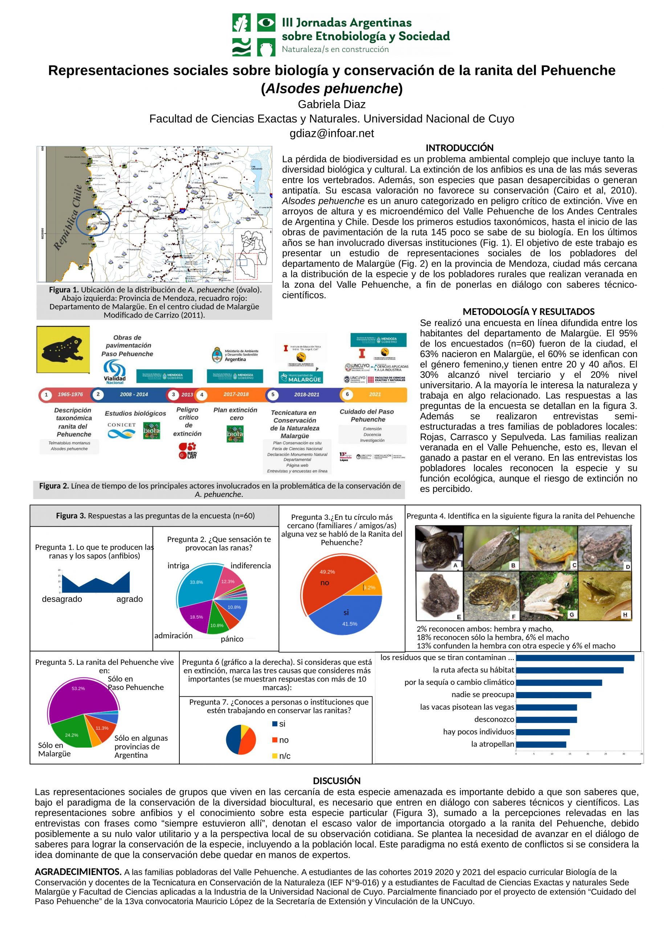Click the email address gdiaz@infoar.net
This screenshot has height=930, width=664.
[331, 134]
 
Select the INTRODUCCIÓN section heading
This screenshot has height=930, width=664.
[459, 148]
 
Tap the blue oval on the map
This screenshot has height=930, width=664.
[93, 223]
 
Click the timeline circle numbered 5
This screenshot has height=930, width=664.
[273, 395]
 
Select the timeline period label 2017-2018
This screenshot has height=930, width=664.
[236, 394]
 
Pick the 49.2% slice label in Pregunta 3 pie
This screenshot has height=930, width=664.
[327, 571]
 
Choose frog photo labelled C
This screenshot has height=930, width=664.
[548, 548]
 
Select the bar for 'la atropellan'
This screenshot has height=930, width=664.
[541, 744]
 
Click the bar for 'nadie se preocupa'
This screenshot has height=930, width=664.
[553, 695]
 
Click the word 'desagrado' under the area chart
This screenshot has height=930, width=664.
[62, 599]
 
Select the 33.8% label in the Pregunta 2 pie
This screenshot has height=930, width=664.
[196, 582]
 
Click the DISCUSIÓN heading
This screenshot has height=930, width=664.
[337, 781]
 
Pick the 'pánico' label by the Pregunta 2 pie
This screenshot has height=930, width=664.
[232, 639]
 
